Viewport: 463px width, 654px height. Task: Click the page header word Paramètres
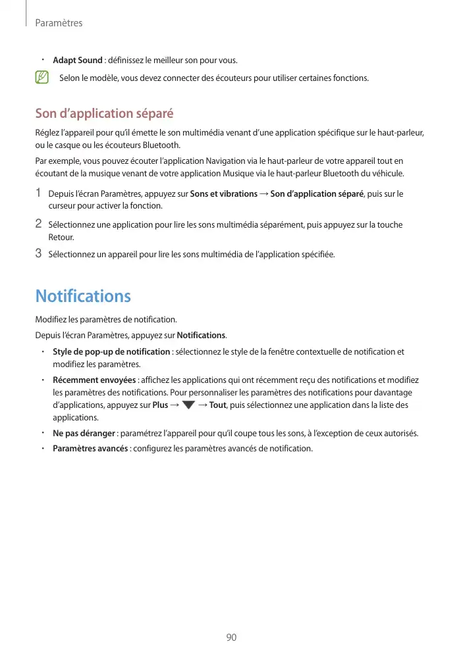tap(59, 23)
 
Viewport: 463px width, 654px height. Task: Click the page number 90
tap(231, 638)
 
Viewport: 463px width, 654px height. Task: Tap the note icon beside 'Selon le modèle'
tap(42, 78)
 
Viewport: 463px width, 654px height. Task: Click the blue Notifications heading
tap(83, 296)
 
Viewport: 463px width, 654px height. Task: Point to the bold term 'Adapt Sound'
tap(77, 61)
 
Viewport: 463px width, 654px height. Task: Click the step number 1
tap(39, 193)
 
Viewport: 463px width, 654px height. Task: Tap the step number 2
tap(39, 224)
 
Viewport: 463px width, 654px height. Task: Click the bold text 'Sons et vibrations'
tap(223, 194)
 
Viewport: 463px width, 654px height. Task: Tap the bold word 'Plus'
tap(160, 405)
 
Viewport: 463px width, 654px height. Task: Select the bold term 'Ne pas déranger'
tap(84, 434)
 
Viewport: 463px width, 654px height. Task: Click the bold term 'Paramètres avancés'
tap(90, 449)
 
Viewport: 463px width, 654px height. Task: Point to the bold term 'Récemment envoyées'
tap(94, 380)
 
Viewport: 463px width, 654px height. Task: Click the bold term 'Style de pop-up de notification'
tap(111, 351)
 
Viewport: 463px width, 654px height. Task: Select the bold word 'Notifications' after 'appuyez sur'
tap(202, 335)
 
